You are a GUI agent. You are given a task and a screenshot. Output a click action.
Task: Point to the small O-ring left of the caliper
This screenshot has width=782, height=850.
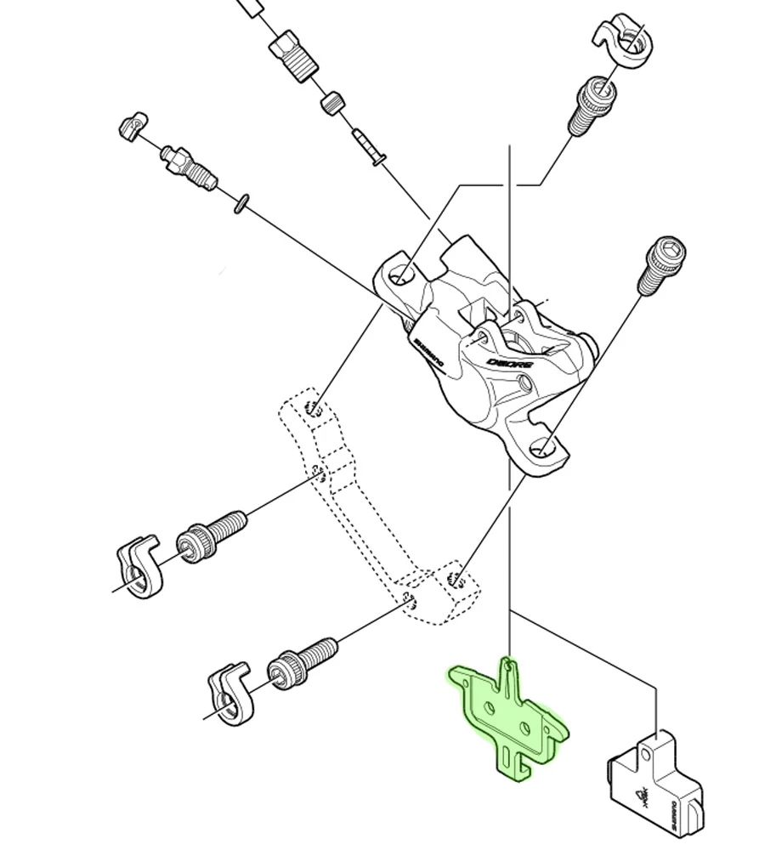[241, 203]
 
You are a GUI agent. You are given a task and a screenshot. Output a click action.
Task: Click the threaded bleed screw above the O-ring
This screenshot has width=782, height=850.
[188, 167]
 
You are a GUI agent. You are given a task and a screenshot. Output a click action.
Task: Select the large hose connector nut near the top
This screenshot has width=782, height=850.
[292, 55]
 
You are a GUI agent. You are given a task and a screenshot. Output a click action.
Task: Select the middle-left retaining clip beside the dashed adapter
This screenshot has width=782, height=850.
[138, 564]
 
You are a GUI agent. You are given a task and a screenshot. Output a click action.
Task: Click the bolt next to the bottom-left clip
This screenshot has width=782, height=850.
[303, 662]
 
